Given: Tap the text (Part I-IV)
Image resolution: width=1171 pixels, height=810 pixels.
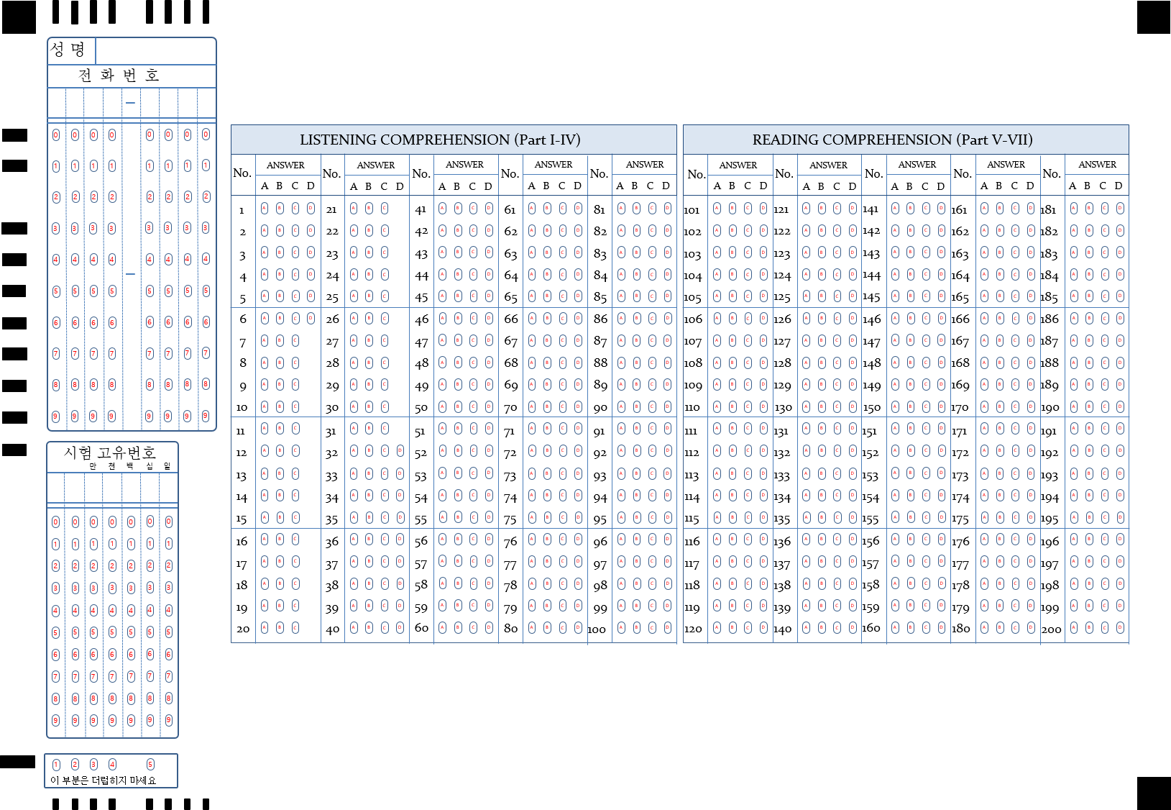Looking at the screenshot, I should click(547, 140).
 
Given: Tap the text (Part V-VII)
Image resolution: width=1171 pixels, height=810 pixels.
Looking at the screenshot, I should click(994, 140).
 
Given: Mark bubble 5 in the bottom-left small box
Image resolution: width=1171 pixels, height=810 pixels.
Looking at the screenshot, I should click(150, 765).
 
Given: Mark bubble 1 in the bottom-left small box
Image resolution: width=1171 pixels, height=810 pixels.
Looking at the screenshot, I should click(57, 765).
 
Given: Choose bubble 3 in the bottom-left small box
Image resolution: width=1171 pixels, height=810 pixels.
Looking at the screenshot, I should click(93, 765).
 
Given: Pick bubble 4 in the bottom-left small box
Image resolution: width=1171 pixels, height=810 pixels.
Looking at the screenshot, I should click(112, 765).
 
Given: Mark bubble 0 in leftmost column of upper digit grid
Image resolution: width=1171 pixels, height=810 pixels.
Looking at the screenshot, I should click(57, 135).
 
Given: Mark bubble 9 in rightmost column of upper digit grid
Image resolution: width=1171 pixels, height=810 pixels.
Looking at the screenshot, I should click(206, 416).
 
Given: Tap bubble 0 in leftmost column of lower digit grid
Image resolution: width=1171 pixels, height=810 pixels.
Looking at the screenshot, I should click(56, 522).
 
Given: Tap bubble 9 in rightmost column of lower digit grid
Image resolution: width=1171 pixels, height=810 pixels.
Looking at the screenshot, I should click(168, 720).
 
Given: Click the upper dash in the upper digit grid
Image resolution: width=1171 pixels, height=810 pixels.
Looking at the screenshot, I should click(130, 103).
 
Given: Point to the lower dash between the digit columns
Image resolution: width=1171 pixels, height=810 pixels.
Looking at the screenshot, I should click(130, 274).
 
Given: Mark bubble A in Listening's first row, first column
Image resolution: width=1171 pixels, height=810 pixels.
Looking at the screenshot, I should click(265, 209).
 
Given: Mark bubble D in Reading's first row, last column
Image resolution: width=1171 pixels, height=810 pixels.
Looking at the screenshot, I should click(1120, 209).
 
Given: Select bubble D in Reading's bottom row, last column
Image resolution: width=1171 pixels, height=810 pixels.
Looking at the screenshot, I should click(1120, 628).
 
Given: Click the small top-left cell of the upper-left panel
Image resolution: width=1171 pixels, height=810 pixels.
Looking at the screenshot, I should click(71, 51).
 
